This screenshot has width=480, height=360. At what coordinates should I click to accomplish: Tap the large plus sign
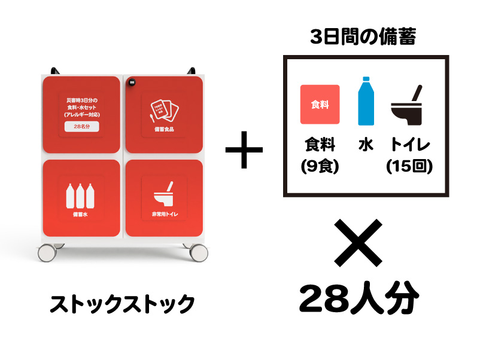pyautogui.click(x=244, y=148)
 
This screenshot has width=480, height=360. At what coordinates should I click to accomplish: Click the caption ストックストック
pyautogui.click(x=122, y=304)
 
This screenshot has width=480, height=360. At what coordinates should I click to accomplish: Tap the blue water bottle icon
pyautogui.click(x=366, y=101)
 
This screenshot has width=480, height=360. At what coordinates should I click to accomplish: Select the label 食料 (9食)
pyautogui.click(x=320, y=155)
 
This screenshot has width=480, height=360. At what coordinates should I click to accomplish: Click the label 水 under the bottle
pyautogui.click(x=366, y=145)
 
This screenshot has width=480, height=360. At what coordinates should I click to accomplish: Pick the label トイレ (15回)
pyautogui.click(x=409, y=155)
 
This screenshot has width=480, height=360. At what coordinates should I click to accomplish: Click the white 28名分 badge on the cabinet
pyautogui.click(x=82, y=127)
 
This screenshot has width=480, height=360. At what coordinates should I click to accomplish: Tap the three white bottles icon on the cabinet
pyautogui.click(x=81, y=196)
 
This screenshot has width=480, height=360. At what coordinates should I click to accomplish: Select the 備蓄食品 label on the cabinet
pyautogui.click(x=163, y=129)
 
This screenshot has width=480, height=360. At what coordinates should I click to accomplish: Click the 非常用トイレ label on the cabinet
pyautogui.click(x=163, y=213)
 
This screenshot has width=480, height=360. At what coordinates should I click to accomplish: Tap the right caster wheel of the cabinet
pyautogui.click(x=198, y=252)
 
